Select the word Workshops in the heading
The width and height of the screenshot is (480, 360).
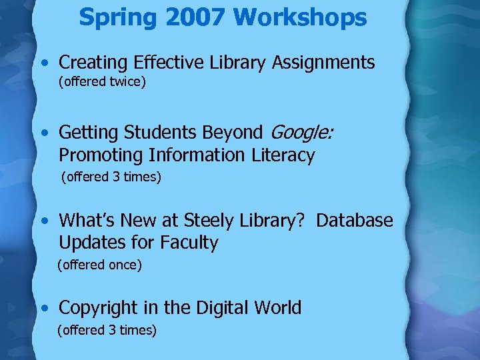(300, 17)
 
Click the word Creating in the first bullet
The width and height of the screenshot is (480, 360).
(93, 63)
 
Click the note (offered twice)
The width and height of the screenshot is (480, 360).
(102, 83)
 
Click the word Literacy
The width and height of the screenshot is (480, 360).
(283, 155)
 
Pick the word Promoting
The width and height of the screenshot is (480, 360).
(100, 155)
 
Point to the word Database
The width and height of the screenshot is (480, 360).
(355, 220)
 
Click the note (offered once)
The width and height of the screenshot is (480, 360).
(100, 265)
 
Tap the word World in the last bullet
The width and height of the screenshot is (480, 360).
(277, 307)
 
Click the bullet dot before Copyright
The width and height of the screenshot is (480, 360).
(43, 308)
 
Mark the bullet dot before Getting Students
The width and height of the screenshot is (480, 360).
(43, 133)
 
